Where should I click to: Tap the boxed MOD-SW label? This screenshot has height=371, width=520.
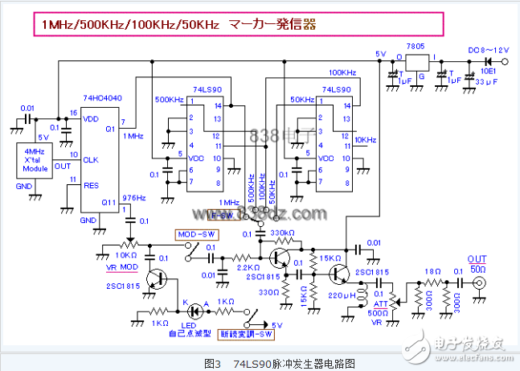click(x=194, y=234)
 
